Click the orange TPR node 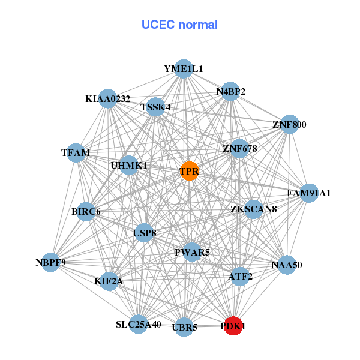(x=189, y=171)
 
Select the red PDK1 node (x=233, y=326)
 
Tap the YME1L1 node (x=184, y=69)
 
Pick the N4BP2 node (x=230, y=92)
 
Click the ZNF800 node (x=289, y=125)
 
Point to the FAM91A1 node (x=308, y=193)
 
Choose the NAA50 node (x=287, y=265)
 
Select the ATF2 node (x=240, y=276)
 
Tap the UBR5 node (x=185, y=327)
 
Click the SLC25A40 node (x=139, y=325)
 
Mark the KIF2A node (x=109, y=280)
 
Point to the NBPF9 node (x=51, y=262)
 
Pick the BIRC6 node (x=86, y=211)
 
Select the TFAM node (x=76, y=152)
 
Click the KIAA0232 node (x=108, y=98)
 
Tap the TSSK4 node (x=155, y=107)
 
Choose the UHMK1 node (x=129, y=165)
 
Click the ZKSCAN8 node (x=253, y=209)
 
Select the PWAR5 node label (x=192, y=253)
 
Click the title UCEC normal (x=179, y=25)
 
